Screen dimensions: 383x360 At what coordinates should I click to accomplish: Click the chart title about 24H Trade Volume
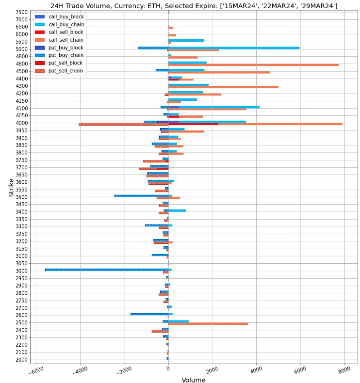[194, 5]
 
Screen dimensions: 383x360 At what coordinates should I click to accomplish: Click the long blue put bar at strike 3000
[107, 270]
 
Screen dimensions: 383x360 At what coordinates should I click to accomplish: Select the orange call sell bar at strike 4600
[253, 64]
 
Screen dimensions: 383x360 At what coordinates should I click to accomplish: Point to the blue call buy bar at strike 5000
[234, 48]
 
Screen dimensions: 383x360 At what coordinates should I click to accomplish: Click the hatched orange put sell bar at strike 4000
[124, 124]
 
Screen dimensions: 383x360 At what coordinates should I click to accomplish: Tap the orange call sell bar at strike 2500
[208, 323]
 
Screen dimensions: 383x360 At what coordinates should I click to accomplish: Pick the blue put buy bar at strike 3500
[141, 196]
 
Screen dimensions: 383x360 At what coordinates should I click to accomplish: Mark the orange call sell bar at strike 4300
[223, 87]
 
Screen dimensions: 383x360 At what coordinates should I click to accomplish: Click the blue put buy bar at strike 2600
[149, 314]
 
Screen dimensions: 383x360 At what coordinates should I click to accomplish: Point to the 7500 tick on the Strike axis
[21, 12]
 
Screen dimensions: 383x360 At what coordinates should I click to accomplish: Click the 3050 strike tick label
[21, 263]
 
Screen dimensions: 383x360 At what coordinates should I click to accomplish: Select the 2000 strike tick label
[21, 360]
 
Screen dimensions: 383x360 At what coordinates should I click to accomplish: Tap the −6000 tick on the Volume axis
[35, 370]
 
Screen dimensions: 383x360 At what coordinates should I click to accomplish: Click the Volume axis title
[193, 380]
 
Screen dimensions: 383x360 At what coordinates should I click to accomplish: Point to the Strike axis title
[11, 187]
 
